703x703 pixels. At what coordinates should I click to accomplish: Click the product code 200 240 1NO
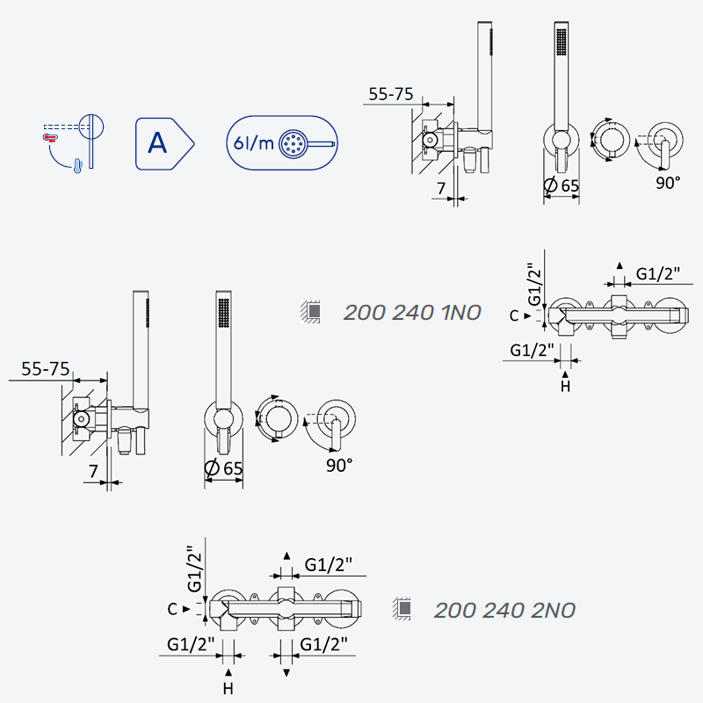tap(412, 313)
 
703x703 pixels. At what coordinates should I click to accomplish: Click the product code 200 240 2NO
tap(504, 610)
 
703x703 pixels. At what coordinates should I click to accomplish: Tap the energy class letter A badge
tap(164, 144)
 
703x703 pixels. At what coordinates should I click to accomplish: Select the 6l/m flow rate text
tap(253, 143)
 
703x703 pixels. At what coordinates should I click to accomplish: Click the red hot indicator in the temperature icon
tap(49, 137)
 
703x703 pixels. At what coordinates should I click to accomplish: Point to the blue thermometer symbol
tap(78, 166)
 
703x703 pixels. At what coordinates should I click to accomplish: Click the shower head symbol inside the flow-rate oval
tap(307, 144)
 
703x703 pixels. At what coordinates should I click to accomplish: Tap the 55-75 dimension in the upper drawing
tap(390, 94)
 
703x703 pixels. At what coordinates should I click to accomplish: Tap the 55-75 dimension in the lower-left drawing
tap(46, 369)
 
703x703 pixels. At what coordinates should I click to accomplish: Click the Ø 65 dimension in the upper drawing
tap(561, 185)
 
